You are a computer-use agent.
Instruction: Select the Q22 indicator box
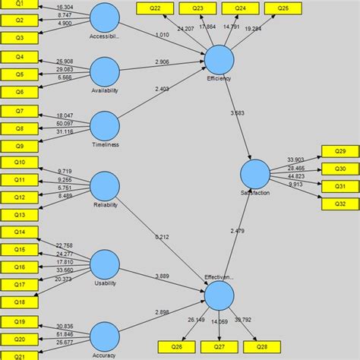155,8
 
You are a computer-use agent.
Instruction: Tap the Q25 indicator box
283,8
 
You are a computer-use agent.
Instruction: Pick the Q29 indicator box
340,151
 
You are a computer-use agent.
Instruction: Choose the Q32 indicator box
340,204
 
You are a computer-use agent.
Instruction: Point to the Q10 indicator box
20,163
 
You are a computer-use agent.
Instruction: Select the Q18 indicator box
20,302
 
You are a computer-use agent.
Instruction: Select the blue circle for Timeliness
105,127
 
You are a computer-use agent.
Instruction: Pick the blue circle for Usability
105,266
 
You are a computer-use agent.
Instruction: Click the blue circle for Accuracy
105,336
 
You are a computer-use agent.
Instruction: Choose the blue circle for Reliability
105,186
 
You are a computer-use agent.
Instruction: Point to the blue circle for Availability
105,72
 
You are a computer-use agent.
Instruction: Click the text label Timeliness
105,145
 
